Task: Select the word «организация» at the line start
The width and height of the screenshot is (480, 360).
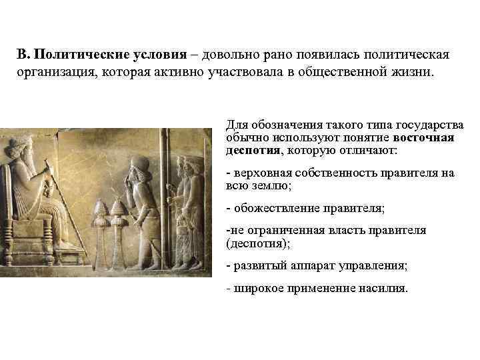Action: coord(55,71)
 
